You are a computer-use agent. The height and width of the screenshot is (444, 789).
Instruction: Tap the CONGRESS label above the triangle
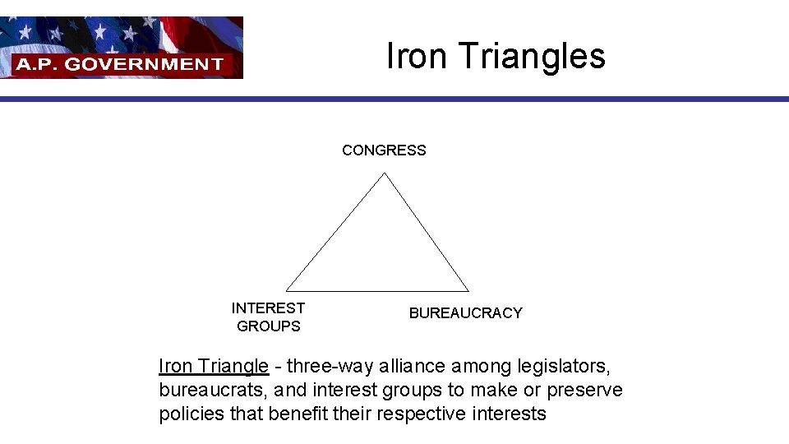pyautogui.click(x=384, y=150)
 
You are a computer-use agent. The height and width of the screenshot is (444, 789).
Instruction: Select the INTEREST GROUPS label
pyautogui.click(x=268, y=317)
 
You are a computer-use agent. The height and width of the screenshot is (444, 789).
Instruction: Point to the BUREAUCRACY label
pyautogui.click(x=465, y=313)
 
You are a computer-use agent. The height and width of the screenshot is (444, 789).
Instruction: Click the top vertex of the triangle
pyautogui.click(x=384, y=173)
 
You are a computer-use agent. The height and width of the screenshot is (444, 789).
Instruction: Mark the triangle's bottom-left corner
pyautogui.click(x=286, y=290)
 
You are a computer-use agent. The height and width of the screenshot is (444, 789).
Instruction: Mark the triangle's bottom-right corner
pyautogui.click(x=468, y=291)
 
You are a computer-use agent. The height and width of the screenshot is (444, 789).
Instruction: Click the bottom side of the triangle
pyautogui.click(x=377, y=291)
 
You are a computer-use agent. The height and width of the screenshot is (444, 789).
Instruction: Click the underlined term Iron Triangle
pyautogui.click(x=214, y=366)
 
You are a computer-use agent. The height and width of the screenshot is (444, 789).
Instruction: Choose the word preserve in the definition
pyautogui.click(x=585, y=390)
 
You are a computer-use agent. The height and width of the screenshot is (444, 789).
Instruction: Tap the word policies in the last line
pyautogui.click(x=191, y=414)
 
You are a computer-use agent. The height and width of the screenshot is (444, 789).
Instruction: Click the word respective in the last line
pyautogui.click(x=422, y=414)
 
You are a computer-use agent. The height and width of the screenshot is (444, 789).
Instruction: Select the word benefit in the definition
pyautogui.click(x=299, y=414)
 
